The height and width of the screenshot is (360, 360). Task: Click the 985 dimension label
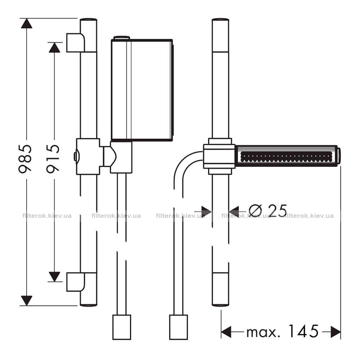(25, 159)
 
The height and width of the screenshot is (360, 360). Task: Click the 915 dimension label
(53, 159)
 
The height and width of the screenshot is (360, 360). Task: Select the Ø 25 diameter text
(268, 211)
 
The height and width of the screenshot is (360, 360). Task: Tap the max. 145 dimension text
(282, 332)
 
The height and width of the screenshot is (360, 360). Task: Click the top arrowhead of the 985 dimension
(27, 23)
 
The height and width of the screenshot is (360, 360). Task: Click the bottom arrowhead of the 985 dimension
(27, 301)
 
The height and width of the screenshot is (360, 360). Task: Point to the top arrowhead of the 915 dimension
(54, 48)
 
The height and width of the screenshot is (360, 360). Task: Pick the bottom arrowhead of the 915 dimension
(54, 276)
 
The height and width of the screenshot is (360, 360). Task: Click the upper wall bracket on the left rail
(76, 43)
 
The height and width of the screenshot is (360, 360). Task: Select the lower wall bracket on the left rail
(76, 282)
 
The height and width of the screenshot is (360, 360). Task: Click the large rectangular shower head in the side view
(142, 90)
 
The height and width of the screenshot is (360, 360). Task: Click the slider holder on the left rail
(88, 156)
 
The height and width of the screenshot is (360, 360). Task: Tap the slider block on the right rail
(219, 156)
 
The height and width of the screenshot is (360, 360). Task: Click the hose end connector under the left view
(122, 327)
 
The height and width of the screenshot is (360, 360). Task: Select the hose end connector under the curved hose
(179, 327)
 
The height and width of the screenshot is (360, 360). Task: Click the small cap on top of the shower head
(122, 38)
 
